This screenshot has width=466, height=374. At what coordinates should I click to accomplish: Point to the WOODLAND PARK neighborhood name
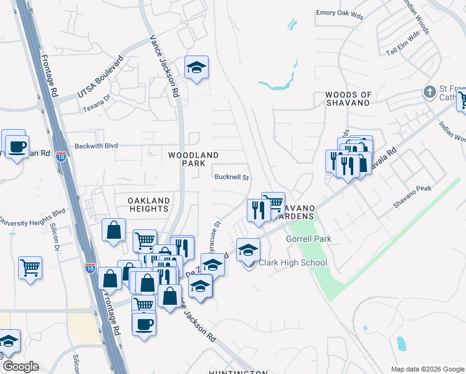pyautogui.click(x=193, y=159)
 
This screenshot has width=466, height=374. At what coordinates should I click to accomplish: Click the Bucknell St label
pyautogui.click(x=232, y=177)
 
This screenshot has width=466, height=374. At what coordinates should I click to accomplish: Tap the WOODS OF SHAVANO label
pyautogui.click(x=348, y=99)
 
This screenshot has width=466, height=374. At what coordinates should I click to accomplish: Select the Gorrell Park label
pyautogui.click(x=308, y=239)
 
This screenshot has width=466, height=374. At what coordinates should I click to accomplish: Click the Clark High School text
pyautogui.click(x=292, y=262)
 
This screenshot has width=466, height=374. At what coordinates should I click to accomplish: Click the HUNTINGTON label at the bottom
pyautogui.click(x=239, y=372)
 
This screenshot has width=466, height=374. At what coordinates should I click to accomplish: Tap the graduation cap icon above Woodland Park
pyautogui.click(x=196, y=67)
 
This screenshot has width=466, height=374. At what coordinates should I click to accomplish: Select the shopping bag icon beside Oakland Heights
pyautogui.click(x=114, y=229)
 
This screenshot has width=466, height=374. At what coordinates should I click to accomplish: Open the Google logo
pyautogui.click(x=21, y=367)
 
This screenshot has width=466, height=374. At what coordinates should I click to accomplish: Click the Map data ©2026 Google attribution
pyautogui.click(x=427, y=369)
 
